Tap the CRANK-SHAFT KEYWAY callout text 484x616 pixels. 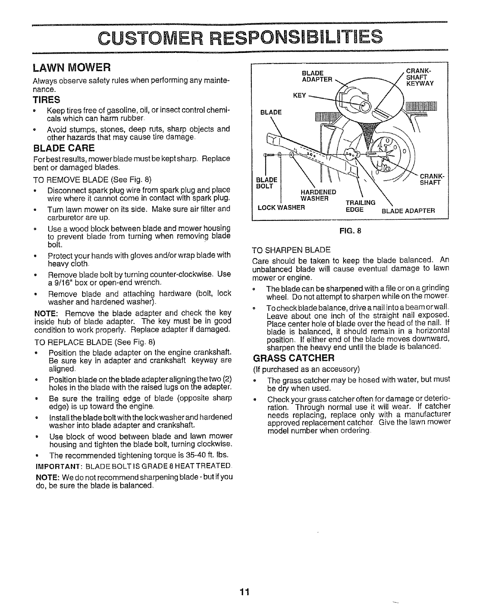[419, 77]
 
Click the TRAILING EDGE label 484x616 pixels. [361, 206]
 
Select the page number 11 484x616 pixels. [244, 592]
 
